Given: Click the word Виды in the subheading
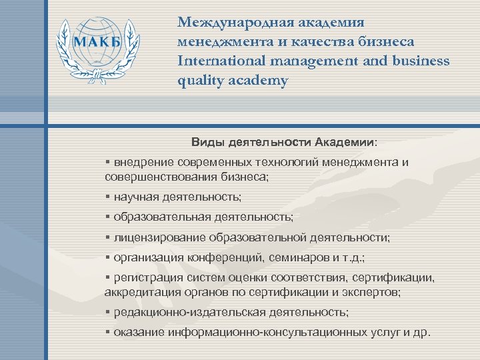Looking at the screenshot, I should [207, 142].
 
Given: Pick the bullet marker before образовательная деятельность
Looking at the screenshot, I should [107, 217].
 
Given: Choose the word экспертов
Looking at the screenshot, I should [371, 291].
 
